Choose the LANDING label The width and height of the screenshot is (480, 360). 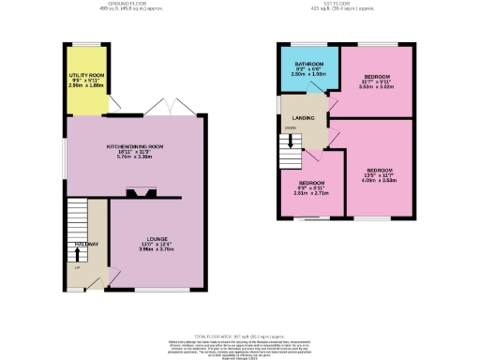[304, 117]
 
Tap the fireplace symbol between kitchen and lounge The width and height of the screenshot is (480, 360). [144, 193]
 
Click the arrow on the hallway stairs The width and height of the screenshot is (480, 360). [77, 251]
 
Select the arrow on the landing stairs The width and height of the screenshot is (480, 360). [292, 142]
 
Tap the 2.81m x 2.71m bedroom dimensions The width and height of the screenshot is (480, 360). [310, 192]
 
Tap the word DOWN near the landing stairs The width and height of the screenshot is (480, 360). [292, 130]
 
